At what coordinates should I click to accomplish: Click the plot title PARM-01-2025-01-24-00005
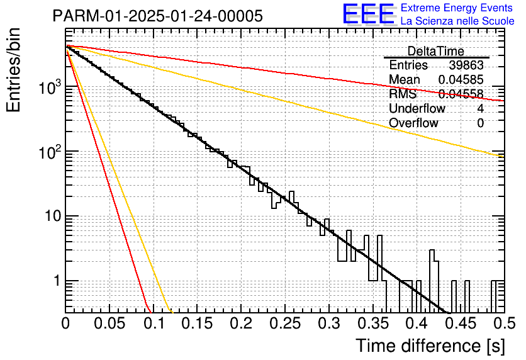[x=157, y=16]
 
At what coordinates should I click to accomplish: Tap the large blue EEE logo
[x=368, y=15]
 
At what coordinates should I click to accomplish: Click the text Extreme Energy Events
[x=457, y=8]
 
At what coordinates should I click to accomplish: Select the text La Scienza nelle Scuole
[x=457, y=21]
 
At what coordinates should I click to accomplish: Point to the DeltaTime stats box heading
[x=436, y=51]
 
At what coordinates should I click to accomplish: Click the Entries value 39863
[x=466, y=65]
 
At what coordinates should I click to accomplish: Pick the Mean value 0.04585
[x=461, y=80]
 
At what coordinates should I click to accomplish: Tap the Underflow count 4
[x=480, y=109]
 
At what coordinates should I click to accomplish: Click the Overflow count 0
[x=480, y=123]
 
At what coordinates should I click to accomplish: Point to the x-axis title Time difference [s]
[x=430, y=346]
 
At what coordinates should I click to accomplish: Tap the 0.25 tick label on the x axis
[x=285, y=324]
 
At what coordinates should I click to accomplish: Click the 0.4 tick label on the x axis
[x=417, y=324]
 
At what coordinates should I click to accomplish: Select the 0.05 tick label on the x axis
[x=109, y=324]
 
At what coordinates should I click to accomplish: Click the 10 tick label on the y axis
[x=49, y=217]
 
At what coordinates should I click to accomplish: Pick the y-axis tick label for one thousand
[x=48, y=88]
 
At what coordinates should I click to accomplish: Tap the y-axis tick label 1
[x=54, y=281]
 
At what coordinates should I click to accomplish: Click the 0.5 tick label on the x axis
[x=502, y=324]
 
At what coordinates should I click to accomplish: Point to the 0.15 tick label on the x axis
[x=198, y=324]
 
